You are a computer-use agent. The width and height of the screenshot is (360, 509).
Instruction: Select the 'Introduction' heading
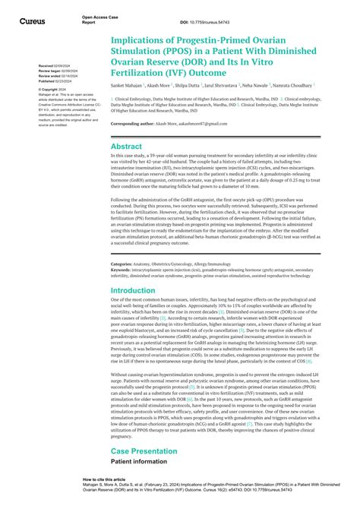click(133, 290)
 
